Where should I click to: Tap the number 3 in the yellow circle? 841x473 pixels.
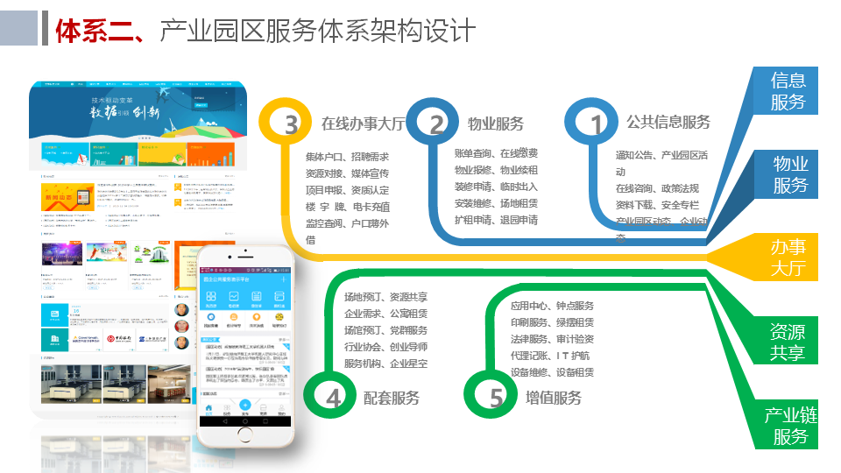coord(291,125)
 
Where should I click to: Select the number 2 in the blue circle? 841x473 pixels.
coord(436,125)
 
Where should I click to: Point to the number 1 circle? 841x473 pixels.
coord(597,125)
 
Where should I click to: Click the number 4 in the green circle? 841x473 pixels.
coord(333,399)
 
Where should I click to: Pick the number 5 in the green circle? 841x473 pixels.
coord(497,399)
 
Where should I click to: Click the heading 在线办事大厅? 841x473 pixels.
coord(363,124)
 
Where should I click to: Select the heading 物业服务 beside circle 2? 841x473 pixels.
coord(496,124)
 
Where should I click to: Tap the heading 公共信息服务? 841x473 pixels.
coord(668,122)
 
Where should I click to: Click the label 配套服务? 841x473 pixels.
coord(392,399)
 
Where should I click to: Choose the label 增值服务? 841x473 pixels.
coord(554,399)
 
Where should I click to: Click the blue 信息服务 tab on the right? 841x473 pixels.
coord(788,91)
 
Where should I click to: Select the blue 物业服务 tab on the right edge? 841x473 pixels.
coord(790,174)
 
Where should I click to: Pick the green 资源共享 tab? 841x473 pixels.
coord(788,342)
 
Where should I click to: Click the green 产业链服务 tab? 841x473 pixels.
coord(789,425)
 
